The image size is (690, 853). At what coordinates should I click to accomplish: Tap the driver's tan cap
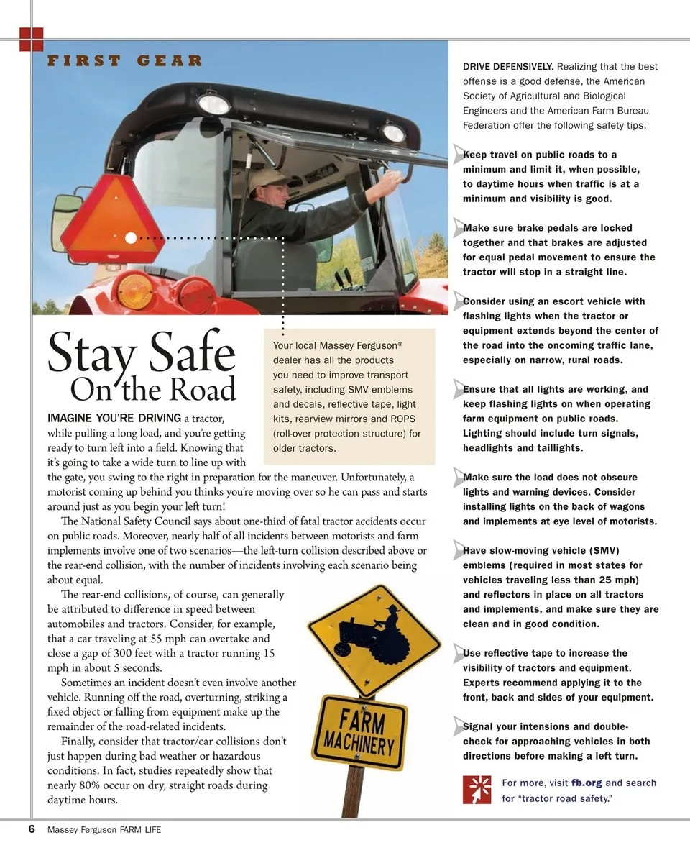coord(267,178)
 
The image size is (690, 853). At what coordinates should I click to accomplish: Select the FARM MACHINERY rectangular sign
coord(359,732)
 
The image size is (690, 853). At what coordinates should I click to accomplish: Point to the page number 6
coord(32,829)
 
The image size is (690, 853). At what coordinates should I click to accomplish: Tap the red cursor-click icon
coord(477,790)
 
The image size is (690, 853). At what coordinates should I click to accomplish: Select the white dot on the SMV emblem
coord(130,237)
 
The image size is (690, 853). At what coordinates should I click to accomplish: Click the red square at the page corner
coord(32,39)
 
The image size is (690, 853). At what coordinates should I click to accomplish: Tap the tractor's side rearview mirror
coord(65,223)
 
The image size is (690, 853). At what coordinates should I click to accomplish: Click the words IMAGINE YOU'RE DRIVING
coord(114,418)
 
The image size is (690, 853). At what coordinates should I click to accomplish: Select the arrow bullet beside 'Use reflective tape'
coord(459,653)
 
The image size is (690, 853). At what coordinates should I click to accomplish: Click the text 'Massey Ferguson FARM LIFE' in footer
coord(104,830)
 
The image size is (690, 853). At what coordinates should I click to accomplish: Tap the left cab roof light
coord(213,105)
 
